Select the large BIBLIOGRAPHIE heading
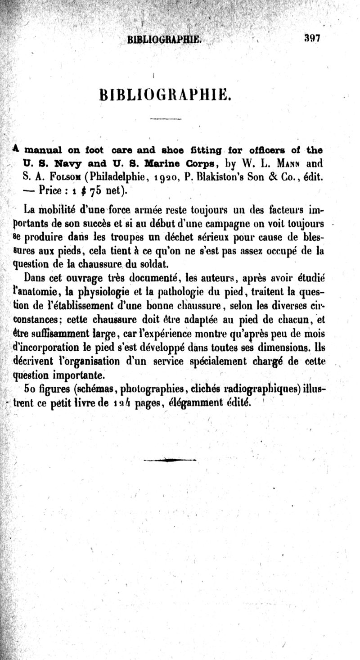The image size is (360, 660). tap(165, 95)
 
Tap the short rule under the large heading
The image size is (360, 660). tap(165, 119)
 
